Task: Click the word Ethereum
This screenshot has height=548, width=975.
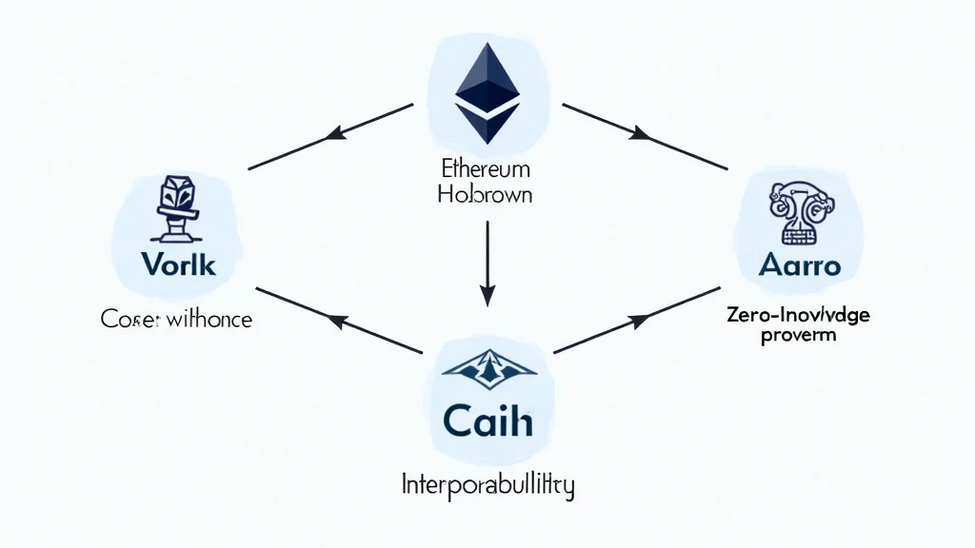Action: click(487, 169)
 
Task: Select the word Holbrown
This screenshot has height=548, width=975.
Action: click(486, 195)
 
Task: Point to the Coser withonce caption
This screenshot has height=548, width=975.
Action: click(176, 320)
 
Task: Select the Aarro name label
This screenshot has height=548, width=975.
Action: click(800, 265)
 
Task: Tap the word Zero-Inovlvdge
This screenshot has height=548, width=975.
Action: click(799, 316)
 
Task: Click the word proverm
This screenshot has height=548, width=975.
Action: click(799, 336)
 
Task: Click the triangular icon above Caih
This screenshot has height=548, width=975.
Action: click(487, 368)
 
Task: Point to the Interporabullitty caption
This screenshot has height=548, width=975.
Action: click(487, 486)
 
